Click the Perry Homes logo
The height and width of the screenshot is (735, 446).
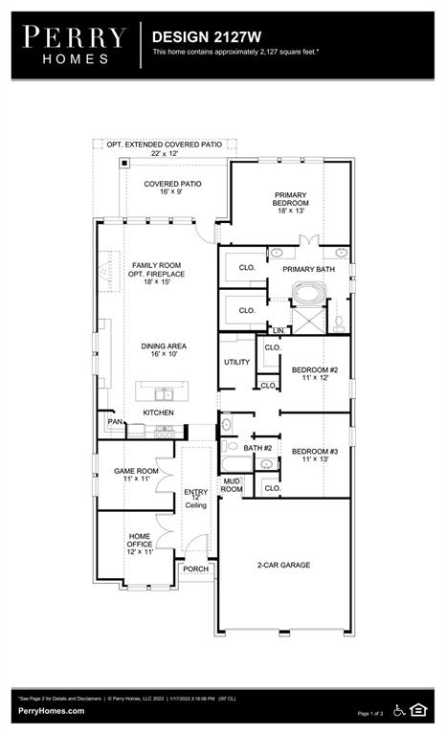click(x=75, y=44)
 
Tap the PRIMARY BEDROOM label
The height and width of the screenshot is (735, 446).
click(x=291, y=198)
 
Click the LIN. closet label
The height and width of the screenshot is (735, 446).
click(x=279, y=331)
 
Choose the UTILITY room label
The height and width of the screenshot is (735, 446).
click(x=236, y=362)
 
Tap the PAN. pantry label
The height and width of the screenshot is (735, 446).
click(x=114, y=421)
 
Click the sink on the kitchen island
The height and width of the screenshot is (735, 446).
click(x=165, y=393)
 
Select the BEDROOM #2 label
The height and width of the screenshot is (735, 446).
click(x=315, y=374)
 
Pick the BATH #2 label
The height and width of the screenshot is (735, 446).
click(x=258, y=448)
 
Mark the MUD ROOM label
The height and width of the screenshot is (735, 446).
click(x=232, y=485)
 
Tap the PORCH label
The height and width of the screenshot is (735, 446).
click(x=196, y=568)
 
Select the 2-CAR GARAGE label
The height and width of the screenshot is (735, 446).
click(x=283, y=565)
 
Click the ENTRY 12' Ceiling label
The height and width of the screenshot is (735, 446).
click(x=195, y=498)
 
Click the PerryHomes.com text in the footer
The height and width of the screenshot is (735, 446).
click(x=51, y=711)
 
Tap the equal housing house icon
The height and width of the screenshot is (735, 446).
click(x=418, y=709)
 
